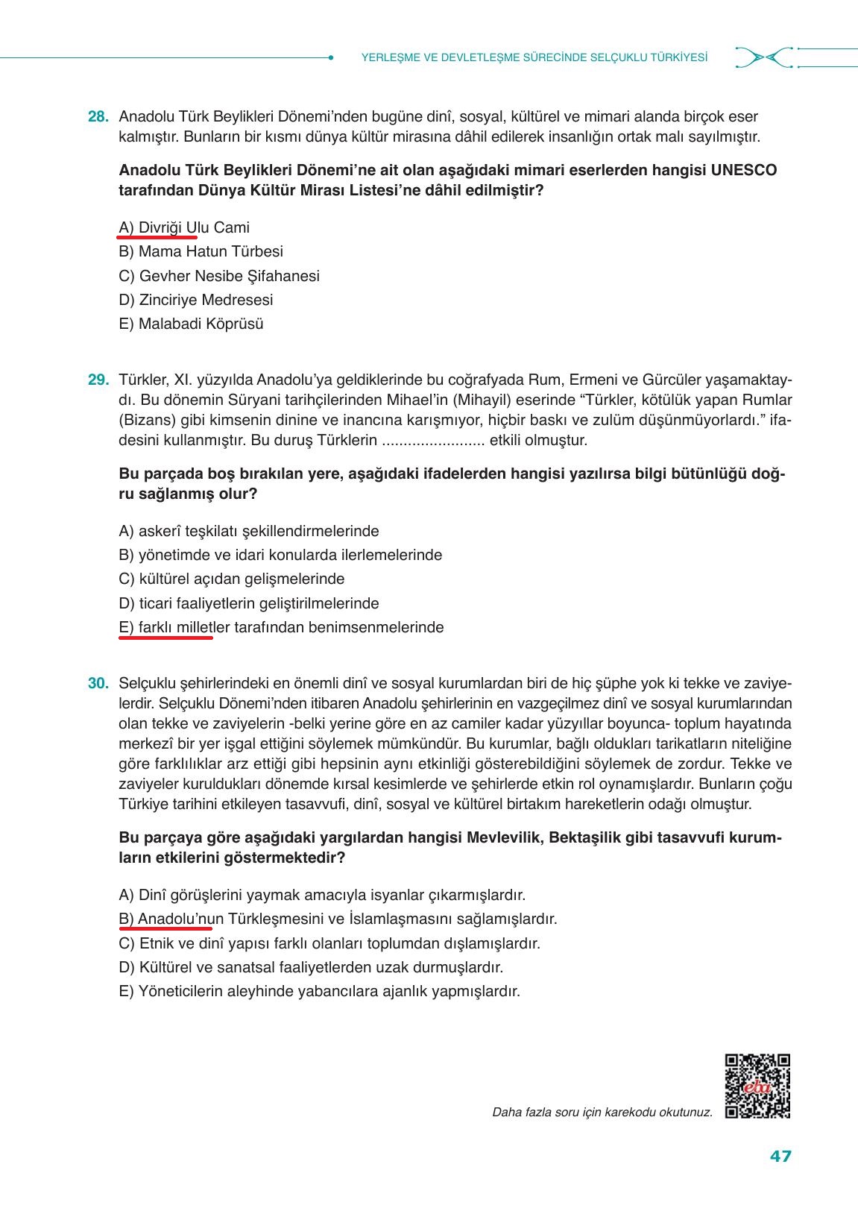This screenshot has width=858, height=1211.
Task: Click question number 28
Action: [98, 117]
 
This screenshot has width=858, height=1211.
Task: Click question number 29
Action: [98, 380]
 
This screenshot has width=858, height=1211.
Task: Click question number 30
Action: [98, 684]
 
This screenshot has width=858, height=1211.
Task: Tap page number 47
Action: [780, 1157]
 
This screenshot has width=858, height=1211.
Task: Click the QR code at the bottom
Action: [757, 1086]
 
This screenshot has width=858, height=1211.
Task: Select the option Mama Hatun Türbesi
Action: [201, 252]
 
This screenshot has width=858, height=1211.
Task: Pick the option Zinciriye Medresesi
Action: [196, 301]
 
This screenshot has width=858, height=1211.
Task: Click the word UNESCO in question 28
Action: [744, 170]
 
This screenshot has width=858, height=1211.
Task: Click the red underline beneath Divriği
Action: [157, 237]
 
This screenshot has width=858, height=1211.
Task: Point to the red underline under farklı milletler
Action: [165, 637]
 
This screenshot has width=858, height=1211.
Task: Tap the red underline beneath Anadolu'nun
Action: [165, 929]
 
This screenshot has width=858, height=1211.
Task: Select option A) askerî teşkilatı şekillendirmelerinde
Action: [249, 532]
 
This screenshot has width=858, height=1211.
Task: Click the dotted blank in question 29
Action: [433, 441]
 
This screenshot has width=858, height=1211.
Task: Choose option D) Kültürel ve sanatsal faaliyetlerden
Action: [311, 968]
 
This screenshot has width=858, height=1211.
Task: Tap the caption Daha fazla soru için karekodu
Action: [602, 1113]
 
